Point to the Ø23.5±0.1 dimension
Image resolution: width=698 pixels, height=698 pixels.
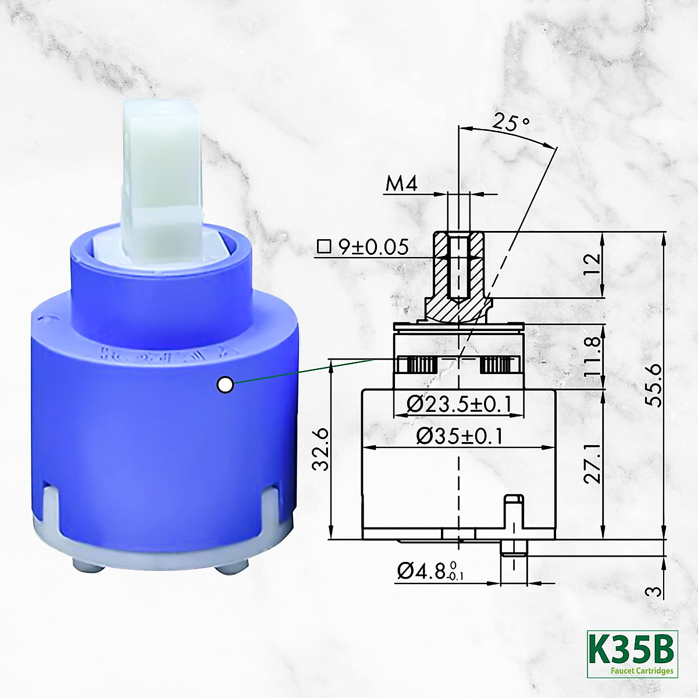click(x=458, y=403)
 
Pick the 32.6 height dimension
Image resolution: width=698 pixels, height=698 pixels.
click(x=320, y=448)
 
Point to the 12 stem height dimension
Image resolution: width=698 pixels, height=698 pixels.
click(x=592, y=265)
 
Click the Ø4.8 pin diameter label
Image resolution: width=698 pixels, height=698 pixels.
click(x=430, y=572)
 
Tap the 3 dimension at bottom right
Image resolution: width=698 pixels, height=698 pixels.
click(x=654, y=592)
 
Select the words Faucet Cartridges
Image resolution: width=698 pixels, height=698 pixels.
click(x=642, y=671)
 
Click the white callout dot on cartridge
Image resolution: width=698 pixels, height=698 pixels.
click(x=225, y=384)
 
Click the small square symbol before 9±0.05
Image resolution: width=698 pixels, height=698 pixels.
click(x=323, y=247)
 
